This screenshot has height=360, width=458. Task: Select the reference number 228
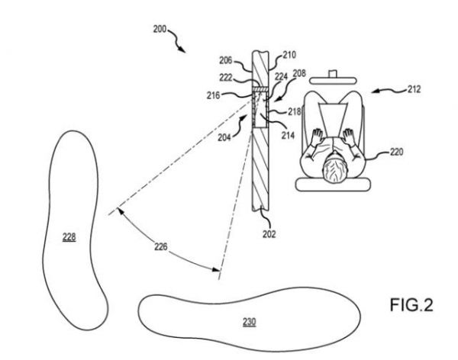coord(69,237)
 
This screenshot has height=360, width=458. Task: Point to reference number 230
coord(249,322)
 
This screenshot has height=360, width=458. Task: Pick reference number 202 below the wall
coord(269,234)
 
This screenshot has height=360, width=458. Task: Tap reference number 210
coord(289,55)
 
